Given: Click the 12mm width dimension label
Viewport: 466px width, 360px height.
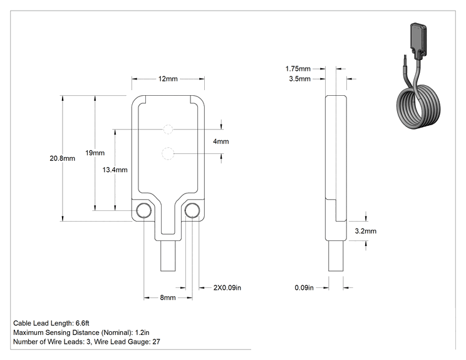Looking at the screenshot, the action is tap(168, 79).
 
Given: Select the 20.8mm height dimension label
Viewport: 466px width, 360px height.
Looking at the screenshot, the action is tap(62, 158).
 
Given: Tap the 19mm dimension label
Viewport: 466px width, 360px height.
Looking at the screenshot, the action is tap(95, 153).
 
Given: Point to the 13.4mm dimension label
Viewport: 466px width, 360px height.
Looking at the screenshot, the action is tap(115, 170).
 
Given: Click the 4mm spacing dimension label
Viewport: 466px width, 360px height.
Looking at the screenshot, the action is tap(221, 141).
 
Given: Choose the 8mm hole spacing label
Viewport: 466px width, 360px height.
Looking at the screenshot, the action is tap(168, 297).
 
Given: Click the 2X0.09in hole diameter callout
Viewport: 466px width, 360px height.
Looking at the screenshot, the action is tap(227, 287).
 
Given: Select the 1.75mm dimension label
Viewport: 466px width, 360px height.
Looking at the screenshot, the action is tap(298, 69).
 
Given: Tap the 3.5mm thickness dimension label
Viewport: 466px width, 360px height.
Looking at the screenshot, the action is tap(299, 79).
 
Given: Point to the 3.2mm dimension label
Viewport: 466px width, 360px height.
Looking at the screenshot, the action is tap(366, 231).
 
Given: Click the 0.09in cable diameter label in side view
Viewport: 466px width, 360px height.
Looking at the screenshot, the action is tap(304, 287).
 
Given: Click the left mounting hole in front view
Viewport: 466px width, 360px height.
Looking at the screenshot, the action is tap(143, 210).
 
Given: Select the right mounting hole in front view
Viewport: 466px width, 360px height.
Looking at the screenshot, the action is tap(192, 210).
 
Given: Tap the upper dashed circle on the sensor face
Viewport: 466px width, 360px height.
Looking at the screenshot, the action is tap(168, 130).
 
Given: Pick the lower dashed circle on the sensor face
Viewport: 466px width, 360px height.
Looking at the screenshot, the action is tap(168, 153).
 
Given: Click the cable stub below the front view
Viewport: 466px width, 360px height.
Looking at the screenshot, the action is tap(168, 255).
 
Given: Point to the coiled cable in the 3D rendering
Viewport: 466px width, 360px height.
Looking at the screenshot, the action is tap(419, 107).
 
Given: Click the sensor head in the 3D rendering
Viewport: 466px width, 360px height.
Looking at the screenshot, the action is tap(418, 40).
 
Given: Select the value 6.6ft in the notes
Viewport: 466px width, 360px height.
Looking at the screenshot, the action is tap(82, 323).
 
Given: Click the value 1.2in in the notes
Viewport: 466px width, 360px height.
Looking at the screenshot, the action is tap(142, 332).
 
